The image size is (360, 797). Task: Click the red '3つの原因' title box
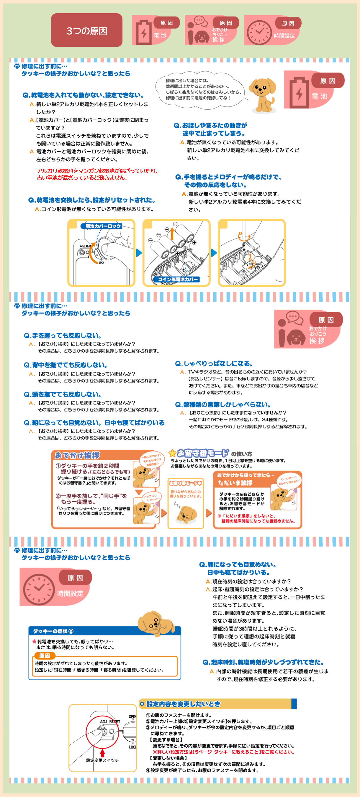click(x=87, y=30)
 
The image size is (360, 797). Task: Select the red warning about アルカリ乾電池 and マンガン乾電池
click(x=97, y=174)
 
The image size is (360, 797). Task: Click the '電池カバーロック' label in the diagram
click(x=103, y=226)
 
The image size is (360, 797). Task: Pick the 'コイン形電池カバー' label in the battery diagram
click(x=178, y=280)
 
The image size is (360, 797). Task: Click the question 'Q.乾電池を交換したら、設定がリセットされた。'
click(x=92, y=200)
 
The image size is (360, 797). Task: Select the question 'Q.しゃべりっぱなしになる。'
click(x=214, y=364)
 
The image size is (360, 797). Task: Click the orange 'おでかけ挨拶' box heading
click(x=77, y=456)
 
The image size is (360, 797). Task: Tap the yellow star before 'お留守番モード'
click(x=172, y=453)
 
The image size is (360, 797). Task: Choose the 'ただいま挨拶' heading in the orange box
click(x=235, y=483)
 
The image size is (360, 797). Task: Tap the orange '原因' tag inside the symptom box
click(x=45, y=655)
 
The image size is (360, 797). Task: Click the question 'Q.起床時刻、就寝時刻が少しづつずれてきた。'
click(x=263, y=663)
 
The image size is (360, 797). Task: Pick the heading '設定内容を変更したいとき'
click(x=183, y=704)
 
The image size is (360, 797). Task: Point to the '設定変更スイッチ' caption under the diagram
click(x=102, y=760)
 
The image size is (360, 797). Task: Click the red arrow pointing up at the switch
click(x=102, y=753)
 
